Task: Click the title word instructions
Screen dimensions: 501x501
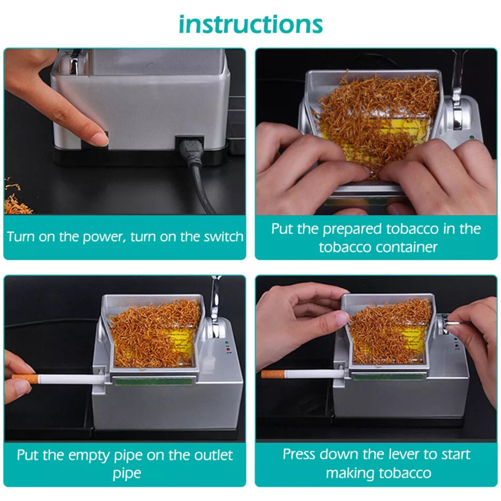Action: pos(250,25)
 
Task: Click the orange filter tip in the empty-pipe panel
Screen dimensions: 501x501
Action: pos(26,378)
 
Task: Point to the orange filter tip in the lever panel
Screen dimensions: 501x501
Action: pos(273,374)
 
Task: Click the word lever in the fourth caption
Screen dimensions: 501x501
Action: pos(404,454)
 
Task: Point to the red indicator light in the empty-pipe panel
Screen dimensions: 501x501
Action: pos(228,349)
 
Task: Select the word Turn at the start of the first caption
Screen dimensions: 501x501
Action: pos(21,237)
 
